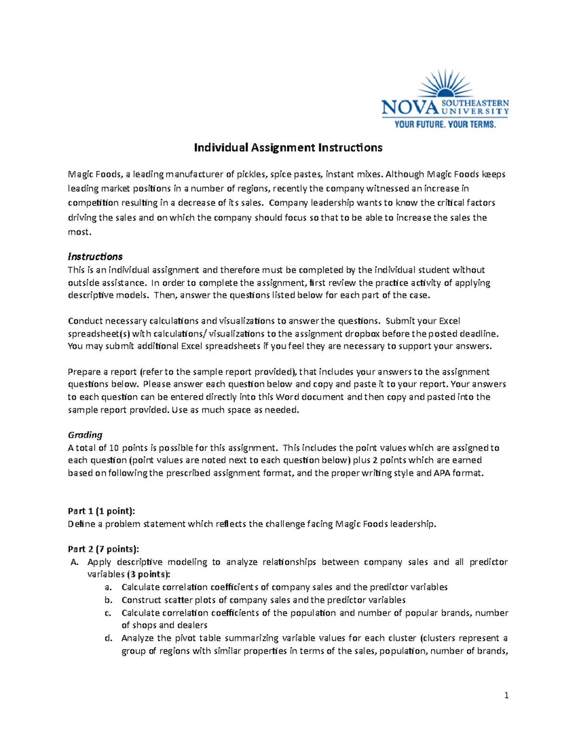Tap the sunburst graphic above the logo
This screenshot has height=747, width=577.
tap(444, 84)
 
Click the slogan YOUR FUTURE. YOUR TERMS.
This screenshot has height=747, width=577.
tap(445, 125)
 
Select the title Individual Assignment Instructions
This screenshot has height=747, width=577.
tap(288, 148)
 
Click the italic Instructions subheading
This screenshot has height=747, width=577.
tap(95, 256)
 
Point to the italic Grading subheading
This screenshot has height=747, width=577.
tap(85, 435)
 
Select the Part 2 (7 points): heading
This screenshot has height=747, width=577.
tap(103, 549)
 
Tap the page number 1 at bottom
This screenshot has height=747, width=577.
tap(506, 695)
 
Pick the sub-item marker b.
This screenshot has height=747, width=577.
tap(108, 600)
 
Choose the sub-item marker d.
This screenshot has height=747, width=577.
tap(108, 638)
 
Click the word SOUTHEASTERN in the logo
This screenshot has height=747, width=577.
tap(475, 103)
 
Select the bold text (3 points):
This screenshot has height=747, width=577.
tap(149, 574)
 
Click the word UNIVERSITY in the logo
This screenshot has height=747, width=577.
tap(475, 111)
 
